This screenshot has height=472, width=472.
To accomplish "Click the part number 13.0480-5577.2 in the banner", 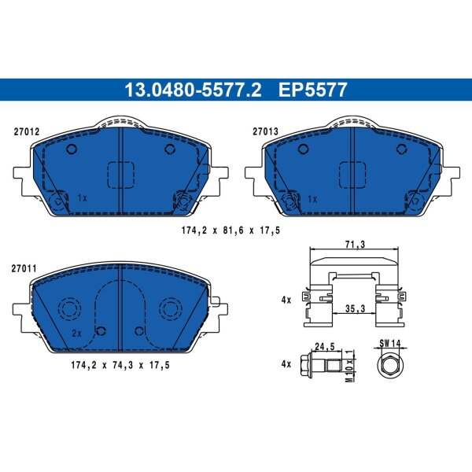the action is point(193,90).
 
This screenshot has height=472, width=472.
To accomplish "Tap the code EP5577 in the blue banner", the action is point(313,90).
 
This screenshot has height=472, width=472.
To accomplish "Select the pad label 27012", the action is point(27,132).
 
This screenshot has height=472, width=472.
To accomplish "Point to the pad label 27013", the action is point(265,131).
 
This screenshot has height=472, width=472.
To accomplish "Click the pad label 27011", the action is point(24,268).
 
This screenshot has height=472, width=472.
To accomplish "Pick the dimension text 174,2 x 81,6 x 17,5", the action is point(230,230).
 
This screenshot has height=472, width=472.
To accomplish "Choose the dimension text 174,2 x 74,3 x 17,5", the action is point(120,366).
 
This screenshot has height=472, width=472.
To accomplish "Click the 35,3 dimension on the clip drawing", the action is point(355,308).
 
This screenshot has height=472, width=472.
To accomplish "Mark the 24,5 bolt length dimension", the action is point(324,347).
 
